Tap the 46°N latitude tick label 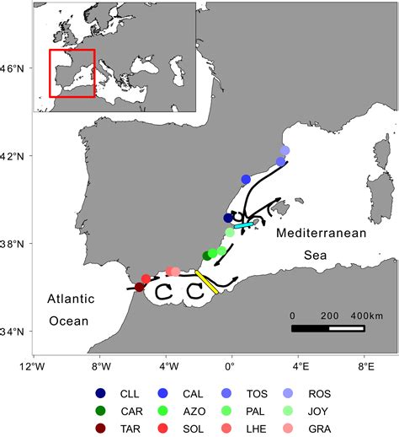click(x=16, y=68)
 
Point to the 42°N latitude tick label click(x=16, y=156)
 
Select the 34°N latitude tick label click(x=16, y=332)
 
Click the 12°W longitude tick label click(x=33, y=367)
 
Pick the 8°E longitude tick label click(x=364, y=367)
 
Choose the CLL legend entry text click(x=130, y=392)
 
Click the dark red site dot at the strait click(x=139, y=287)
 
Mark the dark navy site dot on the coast click(x=228, y=218)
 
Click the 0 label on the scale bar click(x=292, y=315)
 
